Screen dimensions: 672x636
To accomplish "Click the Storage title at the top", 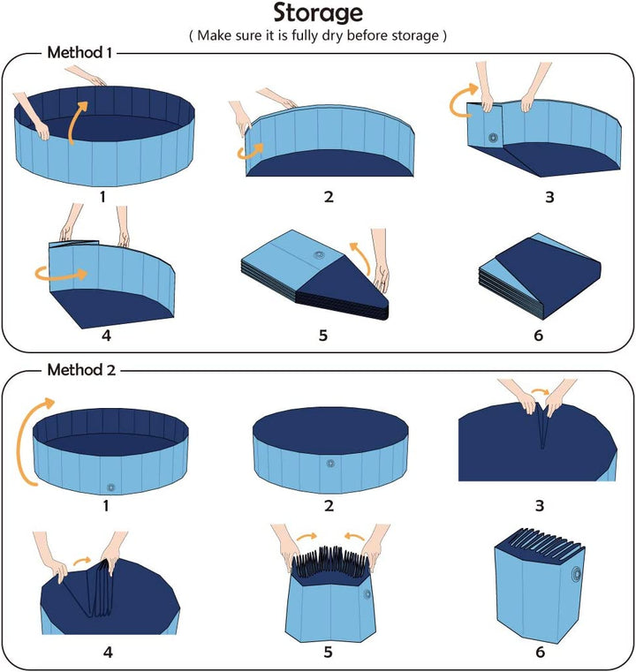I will [317, 13].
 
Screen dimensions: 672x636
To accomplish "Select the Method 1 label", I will [79, 53].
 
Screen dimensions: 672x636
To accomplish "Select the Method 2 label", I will [80, 370].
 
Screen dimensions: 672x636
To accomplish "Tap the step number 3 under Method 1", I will [549, 196].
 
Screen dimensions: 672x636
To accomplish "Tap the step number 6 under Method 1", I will [538, 335].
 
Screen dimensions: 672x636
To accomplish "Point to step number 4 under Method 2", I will [108, 653].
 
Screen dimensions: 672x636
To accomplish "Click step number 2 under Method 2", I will [329, 506].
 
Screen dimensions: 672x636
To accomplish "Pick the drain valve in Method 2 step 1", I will [111, 487].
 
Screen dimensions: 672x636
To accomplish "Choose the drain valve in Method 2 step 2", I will [329, 463].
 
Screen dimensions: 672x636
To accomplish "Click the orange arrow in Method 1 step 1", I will [78, 119].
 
